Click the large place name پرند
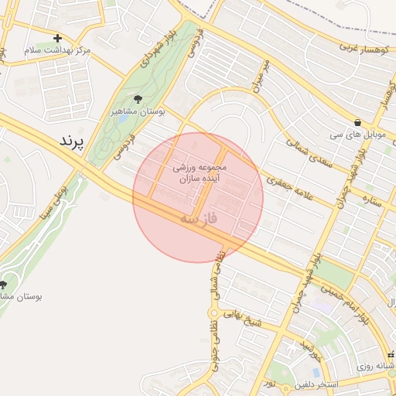coord(74,142)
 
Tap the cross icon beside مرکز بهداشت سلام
coord(57,38)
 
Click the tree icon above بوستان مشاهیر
coord(138,99)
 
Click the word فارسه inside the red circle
coord(199,219)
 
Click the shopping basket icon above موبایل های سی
coord(357,122)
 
